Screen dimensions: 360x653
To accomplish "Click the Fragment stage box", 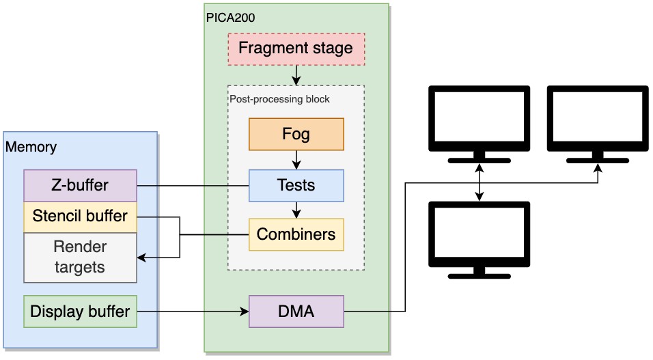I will click(x=296, y=49).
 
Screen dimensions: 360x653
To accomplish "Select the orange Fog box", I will click(x=296, y=134).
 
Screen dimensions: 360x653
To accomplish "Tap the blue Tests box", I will click(x=296, y=185).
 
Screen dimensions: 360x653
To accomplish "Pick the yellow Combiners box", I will click(x=296, y=234).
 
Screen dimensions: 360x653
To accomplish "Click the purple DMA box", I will click(x=296, y=311).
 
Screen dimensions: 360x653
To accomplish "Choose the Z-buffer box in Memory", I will click(x=80, y=185).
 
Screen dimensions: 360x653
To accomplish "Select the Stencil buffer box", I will click(x=80, y=217).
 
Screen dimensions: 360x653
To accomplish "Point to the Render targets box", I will click(x=80, y=257).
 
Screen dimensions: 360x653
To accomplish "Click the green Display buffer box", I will click(x=80, y=311).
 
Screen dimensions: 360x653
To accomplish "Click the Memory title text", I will click(x=31, y=147).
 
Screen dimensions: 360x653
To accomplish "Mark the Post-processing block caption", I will click(x=279, y=99).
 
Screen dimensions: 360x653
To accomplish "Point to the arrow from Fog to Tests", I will click(x=296, y=160).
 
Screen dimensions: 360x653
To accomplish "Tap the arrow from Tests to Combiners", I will click(x=296, y=210).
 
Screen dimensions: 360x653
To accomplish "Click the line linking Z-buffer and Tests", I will click(x=193, y=185).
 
